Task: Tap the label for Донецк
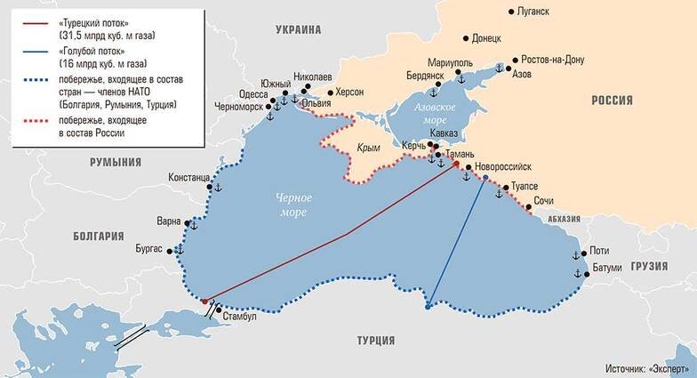click(x=485, y=39)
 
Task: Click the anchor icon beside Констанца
click(x=215, y=188)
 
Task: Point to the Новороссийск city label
click(x=503, y=166)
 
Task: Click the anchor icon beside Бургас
click(x=179, y=250)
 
